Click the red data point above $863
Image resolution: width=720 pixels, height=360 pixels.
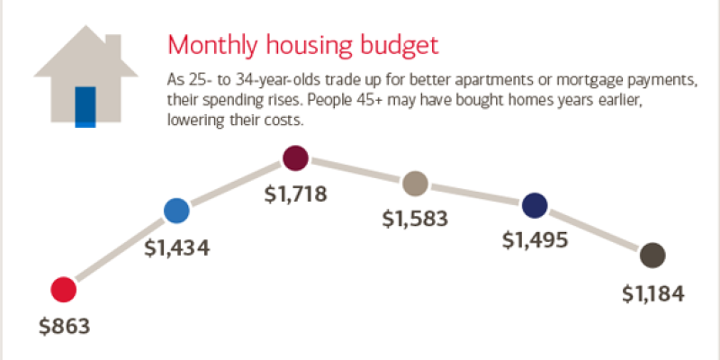pyautogui.click(x=63, y=290)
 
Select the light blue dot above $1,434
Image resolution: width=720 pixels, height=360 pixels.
pyautogui.click(x=176, y=211)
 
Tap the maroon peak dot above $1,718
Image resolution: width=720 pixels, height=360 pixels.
pyautogui.click(x=295, y=159)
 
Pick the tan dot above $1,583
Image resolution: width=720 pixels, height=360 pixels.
pyautogui.click(x=414, y=184)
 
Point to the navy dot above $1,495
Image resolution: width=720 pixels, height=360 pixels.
pyautogui.click(x=535, y=205)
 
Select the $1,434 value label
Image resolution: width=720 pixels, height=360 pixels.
pyautogui.click(x=176, y=247)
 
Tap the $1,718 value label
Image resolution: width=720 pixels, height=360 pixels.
pyautogui.click(x=294, y=193)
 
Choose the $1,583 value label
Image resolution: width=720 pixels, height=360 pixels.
pyautogui.click(x=415, y=218)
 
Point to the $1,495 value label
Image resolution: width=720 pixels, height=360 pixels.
pyautogui.click(x=535, y=239)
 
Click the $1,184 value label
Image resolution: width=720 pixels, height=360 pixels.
pyautogui.click(x=654, y=292)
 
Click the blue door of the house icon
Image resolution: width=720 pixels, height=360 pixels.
pyautogui.click(x=85, y=106)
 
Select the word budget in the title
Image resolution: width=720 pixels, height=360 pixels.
pyautogui.click(x=410, y=46)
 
